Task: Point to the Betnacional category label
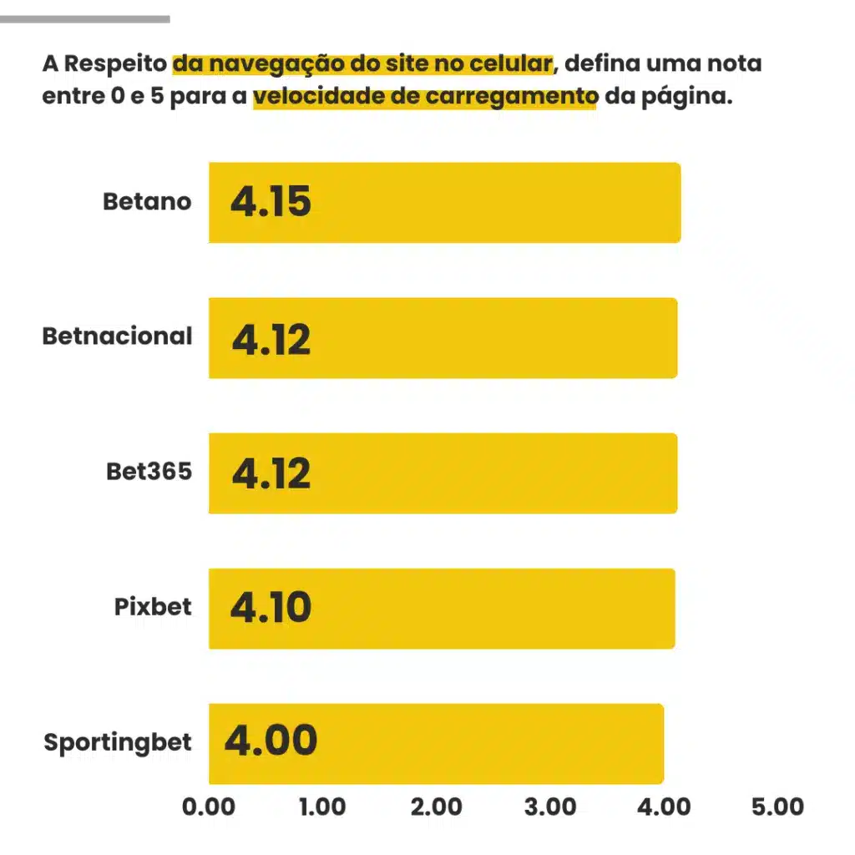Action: (x=117, y=336)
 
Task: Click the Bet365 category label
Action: (x=149, y=472)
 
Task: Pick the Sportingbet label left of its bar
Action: (x=117, y=742)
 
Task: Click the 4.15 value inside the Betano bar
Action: (x=271, y=203)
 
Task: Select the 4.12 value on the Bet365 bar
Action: (x=271, y=473)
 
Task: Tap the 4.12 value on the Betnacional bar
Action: (x=271, y=338)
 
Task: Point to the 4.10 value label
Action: (x=271, y=609)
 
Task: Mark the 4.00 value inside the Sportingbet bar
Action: (x=271, y=742)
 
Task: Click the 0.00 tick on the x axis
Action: (x=209, y=807)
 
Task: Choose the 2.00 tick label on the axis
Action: (x=436, y=807)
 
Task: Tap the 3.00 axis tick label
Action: (x=549, y=807)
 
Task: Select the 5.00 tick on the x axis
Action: (x=777, y=807)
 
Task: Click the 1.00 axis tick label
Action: (x=322, y=807)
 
